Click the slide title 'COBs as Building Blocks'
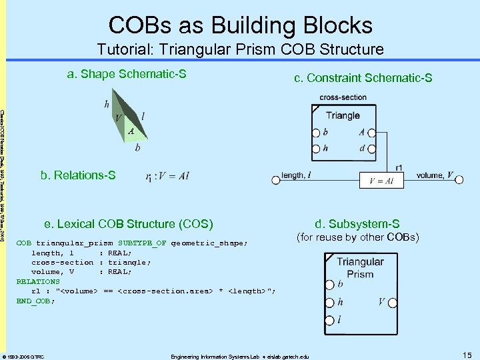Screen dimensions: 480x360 [240, 25]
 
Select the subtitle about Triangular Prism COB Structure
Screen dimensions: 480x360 [240, 49]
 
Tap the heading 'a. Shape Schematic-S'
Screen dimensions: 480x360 [127, 74]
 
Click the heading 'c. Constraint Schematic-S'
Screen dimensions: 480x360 [363, 79]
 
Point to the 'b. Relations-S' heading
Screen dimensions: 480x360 [78, 175]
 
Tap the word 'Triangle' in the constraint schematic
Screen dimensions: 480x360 [343, 115]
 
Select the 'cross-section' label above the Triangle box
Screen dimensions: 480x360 [343, 97]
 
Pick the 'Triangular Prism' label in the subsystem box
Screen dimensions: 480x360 [360, 268]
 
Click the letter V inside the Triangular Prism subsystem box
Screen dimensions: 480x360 [383, 301]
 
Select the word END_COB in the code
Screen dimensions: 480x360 [35, 301]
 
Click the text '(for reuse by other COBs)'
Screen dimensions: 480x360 [357, 237]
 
